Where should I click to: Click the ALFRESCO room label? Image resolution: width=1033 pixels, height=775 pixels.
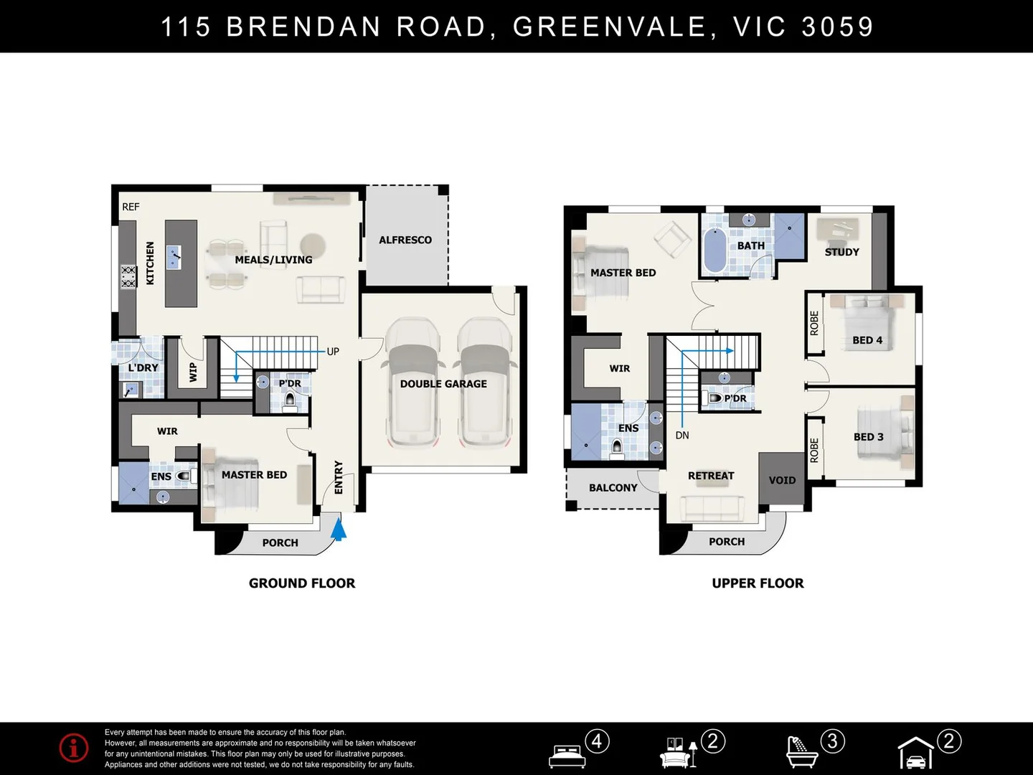(x=405, y=240)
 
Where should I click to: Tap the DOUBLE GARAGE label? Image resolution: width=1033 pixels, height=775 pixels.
(x=443, y=384)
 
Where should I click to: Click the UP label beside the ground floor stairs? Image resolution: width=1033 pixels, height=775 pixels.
(x=333, y=352)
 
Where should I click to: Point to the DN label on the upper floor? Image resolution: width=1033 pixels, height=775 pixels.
(x=682, y=436)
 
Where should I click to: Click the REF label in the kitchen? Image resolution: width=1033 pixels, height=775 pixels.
(x=131, y=207)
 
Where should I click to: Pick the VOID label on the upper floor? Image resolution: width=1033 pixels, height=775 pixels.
(x=782, y=481)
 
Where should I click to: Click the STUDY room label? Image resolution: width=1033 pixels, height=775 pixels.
(x=842, y=252)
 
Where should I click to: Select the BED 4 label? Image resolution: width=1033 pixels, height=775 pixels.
(x=867, y=340)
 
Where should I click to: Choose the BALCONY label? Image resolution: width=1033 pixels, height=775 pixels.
(x=613, y=488)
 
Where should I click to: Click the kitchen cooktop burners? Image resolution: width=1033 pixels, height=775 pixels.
(x=128, y=277)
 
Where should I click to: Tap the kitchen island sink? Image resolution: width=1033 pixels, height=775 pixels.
(x=174, y=257)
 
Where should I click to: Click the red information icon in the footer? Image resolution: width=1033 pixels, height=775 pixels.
(x=74, y=748)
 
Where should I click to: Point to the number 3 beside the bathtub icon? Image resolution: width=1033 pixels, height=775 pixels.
(x=833, y=741)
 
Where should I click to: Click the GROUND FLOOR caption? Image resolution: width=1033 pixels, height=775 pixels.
(x=302, y=583)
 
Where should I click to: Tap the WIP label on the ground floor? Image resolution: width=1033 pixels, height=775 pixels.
(x=193, y=372)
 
